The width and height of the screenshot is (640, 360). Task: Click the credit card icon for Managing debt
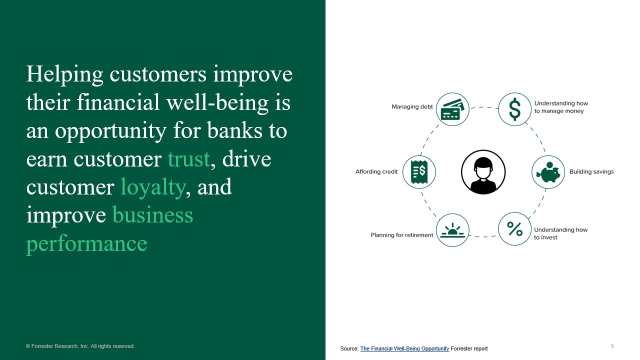(452, 109)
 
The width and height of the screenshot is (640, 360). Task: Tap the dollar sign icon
(514, 109)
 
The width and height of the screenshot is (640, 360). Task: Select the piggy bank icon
(548, 172)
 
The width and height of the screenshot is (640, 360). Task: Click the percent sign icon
(514, 229)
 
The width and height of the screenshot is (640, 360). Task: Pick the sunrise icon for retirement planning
(452, 230)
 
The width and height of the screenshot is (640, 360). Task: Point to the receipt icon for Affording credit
(419, 172)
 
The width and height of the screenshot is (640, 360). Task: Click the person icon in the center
(483, 172)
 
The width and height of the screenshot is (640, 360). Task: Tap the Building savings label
(591, 171)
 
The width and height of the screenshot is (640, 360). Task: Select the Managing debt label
(412, 106)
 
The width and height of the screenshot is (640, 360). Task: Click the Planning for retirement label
(401, 234)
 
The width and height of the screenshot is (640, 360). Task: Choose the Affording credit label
(376, 171)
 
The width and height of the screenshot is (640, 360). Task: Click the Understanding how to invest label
(560, 233)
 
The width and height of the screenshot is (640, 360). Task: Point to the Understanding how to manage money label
(561, 107)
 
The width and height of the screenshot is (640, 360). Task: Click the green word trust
(188, 158)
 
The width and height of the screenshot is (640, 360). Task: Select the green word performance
(86, 243)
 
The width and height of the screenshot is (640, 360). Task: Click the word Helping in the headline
(64, 74)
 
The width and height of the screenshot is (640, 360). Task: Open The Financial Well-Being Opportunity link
(404, 348)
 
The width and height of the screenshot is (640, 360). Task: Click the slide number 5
(612, 346)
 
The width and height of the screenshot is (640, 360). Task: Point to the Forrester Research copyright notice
(80, 346)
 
